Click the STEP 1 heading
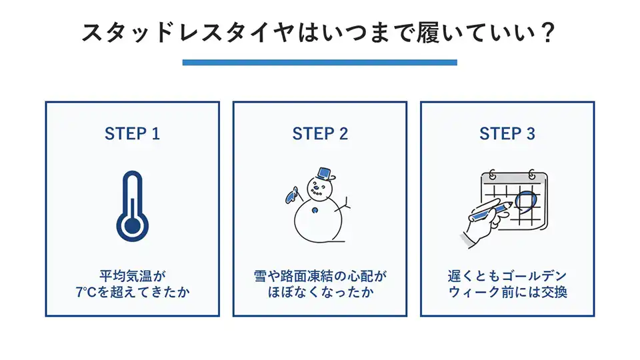point(132,133)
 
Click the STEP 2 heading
point(320,133)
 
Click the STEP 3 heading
point(507,133)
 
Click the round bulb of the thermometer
point(133,225)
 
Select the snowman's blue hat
point(325,174)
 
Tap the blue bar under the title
point(320,62)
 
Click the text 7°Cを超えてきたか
point(133,292)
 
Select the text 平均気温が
point(133,275)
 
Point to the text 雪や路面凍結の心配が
point(320,275)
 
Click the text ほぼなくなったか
point(320,292)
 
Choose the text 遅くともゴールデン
point(507,275)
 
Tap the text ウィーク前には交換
point(507,292)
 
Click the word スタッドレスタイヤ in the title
point(187,33)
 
